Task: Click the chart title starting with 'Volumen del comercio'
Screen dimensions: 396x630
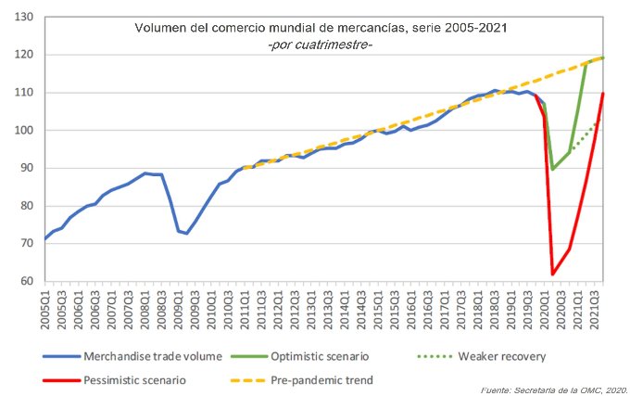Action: point(321,29)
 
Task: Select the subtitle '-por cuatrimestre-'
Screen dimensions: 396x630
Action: point(320,45)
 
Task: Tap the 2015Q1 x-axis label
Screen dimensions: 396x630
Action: point(376,307)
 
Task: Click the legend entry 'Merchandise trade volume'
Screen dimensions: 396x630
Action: point(150,357)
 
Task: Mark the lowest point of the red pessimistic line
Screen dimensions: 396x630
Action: point(553,274)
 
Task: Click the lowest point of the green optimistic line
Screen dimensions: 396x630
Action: point(553,169)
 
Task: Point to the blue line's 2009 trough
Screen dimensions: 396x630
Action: point(187,234)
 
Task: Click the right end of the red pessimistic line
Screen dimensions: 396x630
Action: point(603,93)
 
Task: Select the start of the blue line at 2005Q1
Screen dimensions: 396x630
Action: point(45,239)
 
